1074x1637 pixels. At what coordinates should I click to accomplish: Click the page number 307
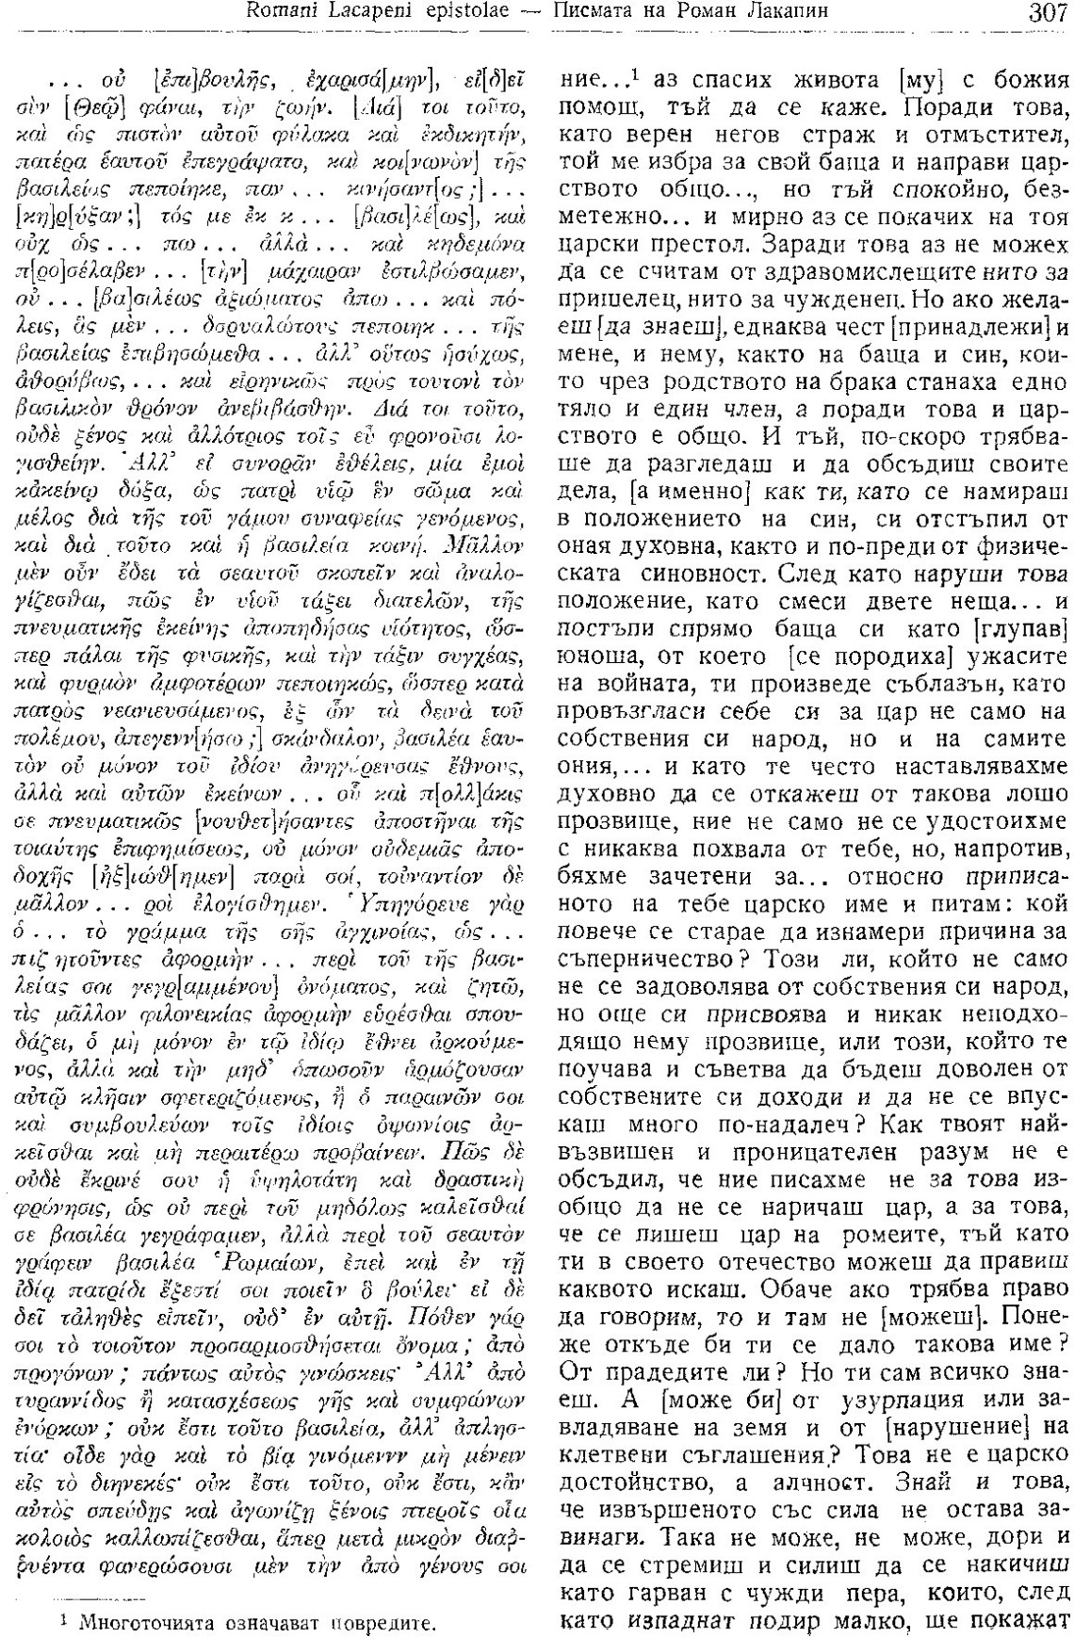1045,13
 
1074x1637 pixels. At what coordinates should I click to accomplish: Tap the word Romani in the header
278,13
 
